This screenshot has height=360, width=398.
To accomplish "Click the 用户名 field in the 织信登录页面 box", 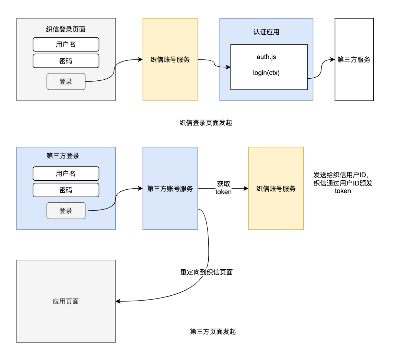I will pyautogui.click(x=66, y=44).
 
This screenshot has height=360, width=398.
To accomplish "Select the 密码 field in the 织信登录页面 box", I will pyautogui.click(x=66, y=61).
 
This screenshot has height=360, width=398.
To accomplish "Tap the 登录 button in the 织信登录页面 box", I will pyautogui.click(x=66, y=81).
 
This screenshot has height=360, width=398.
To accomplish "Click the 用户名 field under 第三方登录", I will pyautogui.click(x=66, y=173).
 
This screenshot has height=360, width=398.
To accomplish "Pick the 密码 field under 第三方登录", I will pyautogui.click(x=66, y=190).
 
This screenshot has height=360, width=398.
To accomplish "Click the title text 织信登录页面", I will pyautogui.click(x=66, y=30).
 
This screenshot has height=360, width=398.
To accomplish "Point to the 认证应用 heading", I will pyautogui.click(x=266, y=32).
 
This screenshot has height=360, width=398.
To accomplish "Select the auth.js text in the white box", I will pyautogui.click(x=266, y=57).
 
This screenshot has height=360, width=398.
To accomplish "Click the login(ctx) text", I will pyautogui.click(x=266, y=73).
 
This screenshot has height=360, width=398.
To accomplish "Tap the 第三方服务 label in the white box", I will pyautogui.click(x=354, y=60).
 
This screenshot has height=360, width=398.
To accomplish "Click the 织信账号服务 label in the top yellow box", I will pyautogui.click(x=170, y=60).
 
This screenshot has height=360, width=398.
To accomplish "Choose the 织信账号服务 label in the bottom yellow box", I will pyautogui.click(x=276, y=189).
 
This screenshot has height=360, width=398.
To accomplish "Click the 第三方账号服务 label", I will pyautogui.click(x=170, y=189).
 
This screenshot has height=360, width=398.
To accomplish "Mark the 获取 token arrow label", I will pyautogui.click(x=223, y=188).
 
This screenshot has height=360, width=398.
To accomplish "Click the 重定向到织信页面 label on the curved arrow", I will pyautogui.click(x=207, y=272).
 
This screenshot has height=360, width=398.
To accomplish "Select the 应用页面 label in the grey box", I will pyautogui.click(x=66, y=301).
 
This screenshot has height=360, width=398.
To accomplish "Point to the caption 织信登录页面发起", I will pyautogui.click(x=206, y=123).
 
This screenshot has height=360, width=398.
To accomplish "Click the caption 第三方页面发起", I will pyautogui.click(x=213, y=331).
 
